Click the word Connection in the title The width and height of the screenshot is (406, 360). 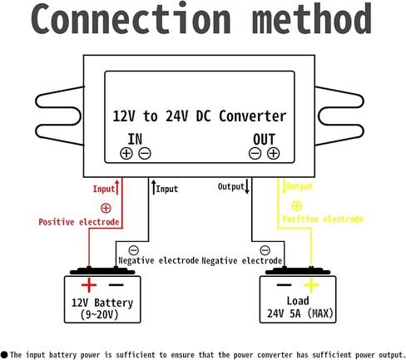point(131,18)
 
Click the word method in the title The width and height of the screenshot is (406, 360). point(312,18)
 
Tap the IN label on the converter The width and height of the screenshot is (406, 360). point(135,139)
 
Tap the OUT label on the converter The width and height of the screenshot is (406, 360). point(264,139)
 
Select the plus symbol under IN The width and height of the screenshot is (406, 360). point(126,153)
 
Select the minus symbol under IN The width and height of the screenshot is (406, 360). point(145,153)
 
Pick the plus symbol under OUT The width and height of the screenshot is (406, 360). point(274,153)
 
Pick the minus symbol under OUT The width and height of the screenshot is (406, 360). point(255,153)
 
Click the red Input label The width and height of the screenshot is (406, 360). point(104,189)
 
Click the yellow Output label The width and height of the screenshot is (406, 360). point(300,186)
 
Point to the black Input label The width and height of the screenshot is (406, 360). point(166,189)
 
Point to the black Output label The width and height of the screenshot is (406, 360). point(231,186)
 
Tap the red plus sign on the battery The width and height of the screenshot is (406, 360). point(89,285)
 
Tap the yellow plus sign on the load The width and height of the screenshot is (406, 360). point(311,285)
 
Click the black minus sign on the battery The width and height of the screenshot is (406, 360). point(116,285)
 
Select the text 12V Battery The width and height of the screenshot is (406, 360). point(102,303)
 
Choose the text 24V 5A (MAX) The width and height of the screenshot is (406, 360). point(300,313)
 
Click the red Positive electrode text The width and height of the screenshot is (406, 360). point(79,222)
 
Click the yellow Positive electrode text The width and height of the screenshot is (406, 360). point(323,219)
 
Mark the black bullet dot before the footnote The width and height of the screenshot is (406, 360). point(4,355)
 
